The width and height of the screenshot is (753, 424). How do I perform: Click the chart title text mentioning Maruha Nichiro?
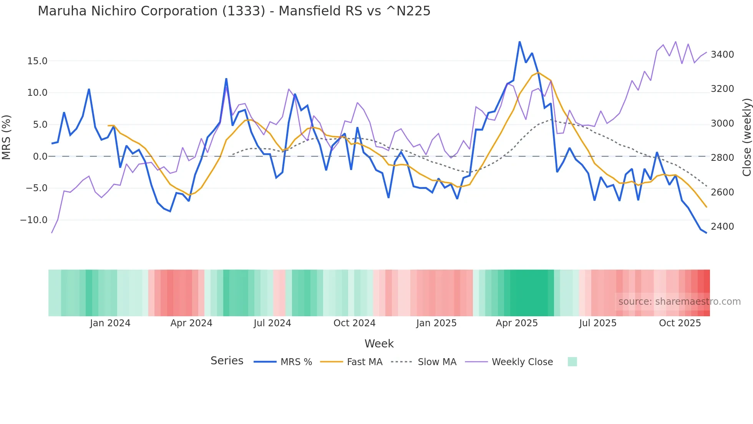click(x=234, y=11)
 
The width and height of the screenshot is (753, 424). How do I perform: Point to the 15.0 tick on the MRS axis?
click(x=37, y=61)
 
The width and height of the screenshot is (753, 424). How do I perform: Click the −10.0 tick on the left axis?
click(x=34, y=220)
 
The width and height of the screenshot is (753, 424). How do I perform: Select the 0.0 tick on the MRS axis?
click(x=40, y=157)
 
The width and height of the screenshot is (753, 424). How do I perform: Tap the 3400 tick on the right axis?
click(x=722, y=55)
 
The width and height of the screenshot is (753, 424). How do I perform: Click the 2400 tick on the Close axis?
click(x=722, y=227)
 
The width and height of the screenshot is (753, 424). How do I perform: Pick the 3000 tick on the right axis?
click(x=722, y=124)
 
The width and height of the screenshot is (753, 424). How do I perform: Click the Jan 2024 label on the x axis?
click(x=110, y=323)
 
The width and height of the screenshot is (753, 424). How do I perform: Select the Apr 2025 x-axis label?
click(x=517, y=323)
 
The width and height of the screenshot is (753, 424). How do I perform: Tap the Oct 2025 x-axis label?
click(x=680, y=323)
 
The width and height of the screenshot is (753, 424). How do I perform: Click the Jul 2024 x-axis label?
click(x=272, y=323)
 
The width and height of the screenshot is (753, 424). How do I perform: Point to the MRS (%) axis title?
click(x=7, y=137)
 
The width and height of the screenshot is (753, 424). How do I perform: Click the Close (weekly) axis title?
click(x=746, y=137)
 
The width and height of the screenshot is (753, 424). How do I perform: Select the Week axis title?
click(x=379, y=344)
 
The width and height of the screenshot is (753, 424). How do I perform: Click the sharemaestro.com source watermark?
click(x=679, y=302)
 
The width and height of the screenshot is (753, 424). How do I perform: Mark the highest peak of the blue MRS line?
click(x=519, y=42)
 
